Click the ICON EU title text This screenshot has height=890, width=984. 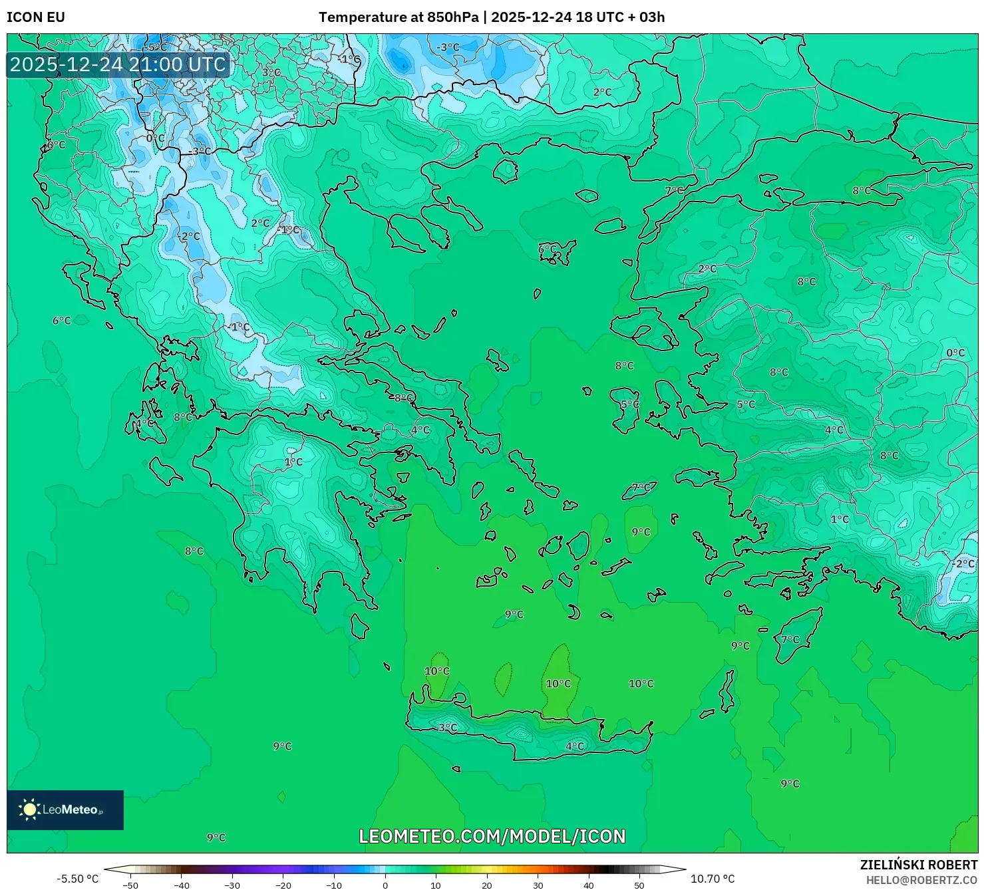point(36,17)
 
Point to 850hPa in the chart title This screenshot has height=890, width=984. point(452,17)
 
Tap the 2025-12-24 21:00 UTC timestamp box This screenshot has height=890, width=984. point(118,65)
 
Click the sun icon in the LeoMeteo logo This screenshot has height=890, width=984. point(29,809)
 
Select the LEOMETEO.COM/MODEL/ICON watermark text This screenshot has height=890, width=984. point(492,836)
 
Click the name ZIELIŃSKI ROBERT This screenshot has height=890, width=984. point(918,865)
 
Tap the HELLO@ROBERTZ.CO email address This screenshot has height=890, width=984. point(921,880)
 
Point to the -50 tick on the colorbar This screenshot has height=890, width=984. point(130,885)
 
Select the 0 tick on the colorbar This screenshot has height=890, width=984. point(385,885)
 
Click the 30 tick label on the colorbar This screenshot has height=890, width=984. point(538,885)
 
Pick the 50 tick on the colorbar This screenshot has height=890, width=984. point(639,885)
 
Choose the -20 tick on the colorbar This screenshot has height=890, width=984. point(283,885)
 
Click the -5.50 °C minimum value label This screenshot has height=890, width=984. point(77,879)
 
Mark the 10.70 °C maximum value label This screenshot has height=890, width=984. point(713,879)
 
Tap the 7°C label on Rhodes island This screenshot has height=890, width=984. point(790,640)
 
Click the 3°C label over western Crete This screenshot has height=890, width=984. point(448,728)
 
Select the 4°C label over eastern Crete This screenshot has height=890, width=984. point(575,746)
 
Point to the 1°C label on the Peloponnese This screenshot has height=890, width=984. point(293,462)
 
